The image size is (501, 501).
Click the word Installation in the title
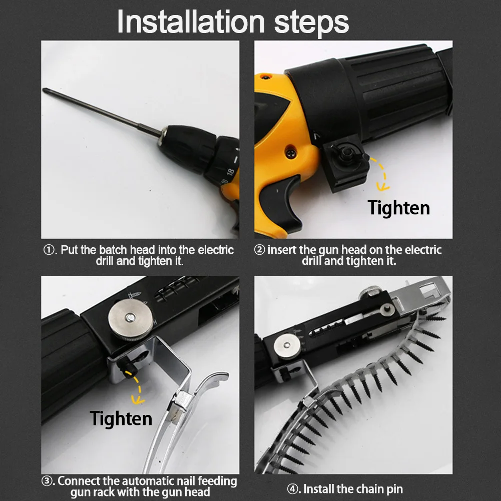click(x=191, y=22)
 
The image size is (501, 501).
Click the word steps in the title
click(x=311, y=23)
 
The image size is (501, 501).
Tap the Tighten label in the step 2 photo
click(x=398, y=208)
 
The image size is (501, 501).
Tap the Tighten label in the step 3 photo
click(x=121, y=418)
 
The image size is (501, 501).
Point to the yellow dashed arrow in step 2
click(x=383, y=173)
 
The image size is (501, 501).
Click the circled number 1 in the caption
click(x=49, y=250)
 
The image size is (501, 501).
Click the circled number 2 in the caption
click(x=259, y=250)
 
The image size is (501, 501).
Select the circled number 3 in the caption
click(x=47, y=481)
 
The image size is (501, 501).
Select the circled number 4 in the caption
click(x=292, y=489)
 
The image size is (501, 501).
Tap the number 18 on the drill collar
click(x=230, y=172)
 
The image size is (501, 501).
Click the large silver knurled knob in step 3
click(x=130, y=319)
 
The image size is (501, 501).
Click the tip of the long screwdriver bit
click(x=44, y=89)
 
